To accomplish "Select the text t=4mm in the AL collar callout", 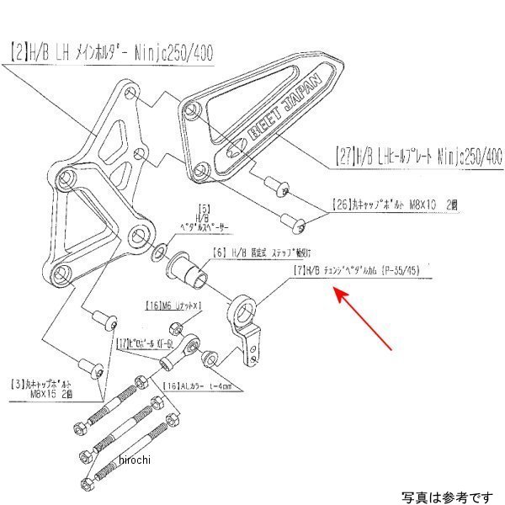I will pyautogui.click(x=215, y=388).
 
